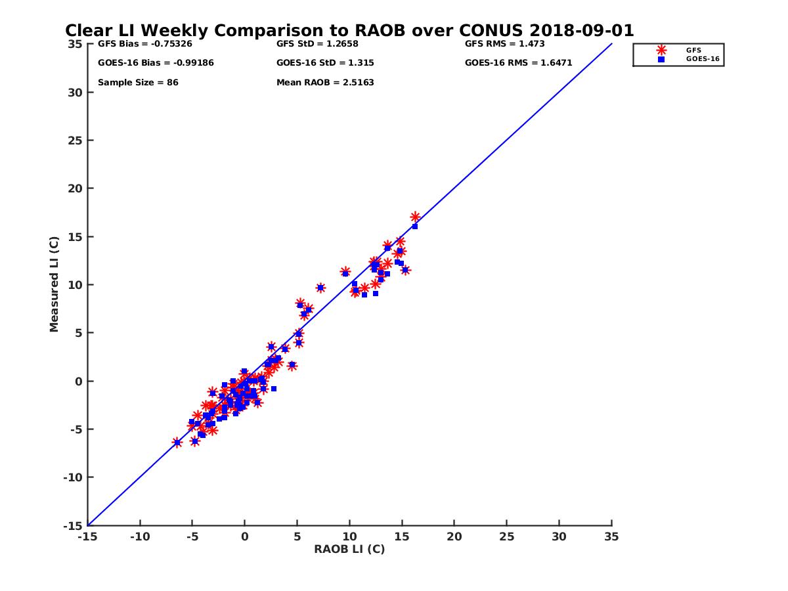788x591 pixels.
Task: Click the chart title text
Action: click(x=349, y=30)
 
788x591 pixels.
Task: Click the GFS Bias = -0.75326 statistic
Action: click(x=144, y=44)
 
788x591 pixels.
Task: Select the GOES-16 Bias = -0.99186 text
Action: click(x=156, y=63)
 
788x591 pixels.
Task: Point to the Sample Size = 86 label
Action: click(x=138, y=83)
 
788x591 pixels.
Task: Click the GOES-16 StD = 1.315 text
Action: click(x=325, y=63)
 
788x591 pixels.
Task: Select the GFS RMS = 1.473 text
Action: click(x=504, y=44)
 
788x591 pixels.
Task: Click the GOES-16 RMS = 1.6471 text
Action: click(x=518, y=63)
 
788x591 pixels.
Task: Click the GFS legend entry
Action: click(x=693, y=50)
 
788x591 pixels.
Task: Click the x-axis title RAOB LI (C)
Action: click(x=349, y=549)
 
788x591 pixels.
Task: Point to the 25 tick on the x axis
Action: click(x=506, y=536)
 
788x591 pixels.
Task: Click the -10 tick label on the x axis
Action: click(x=139, y=536)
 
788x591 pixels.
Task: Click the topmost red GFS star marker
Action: click(x=415, y=217)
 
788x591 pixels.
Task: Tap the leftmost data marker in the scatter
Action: click(x=177, y=443)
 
